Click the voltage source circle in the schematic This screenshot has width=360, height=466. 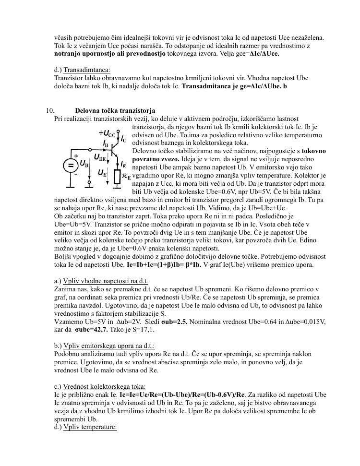click(71, 165)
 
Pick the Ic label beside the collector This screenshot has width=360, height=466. click(124, 139)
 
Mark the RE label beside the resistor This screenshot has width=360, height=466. click(126, 177)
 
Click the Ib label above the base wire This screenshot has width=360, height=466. click(106, 143)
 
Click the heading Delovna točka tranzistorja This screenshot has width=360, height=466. click(115, 111)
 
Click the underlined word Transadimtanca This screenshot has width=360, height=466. click(87, 70)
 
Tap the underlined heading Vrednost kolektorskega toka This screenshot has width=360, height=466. click(104, 387)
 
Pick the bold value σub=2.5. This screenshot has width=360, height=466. click(175, 322)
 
